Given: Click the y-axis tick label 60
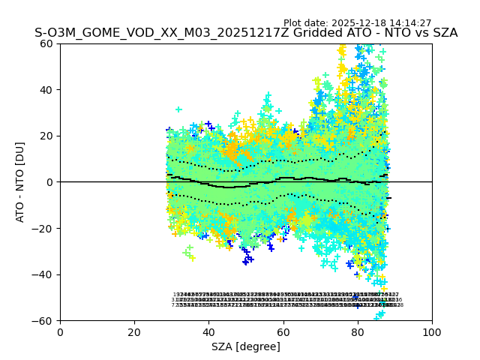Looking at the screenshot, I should [x=47, y=43].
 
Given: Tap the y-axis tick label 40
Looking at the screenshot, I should [x=47, y=90].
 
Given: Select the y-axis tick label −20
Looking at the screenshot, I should [x=43, y=229].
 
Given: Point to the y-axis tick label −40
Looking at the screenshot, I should [x=43, y=274].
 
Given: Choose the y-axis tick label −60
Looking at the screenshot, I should [x=43, y=321].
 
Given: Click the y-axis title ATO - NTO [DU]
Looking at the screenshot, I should [x=20, y=182].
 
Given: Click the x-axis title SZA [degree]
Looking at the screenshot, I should [x=246, y=346].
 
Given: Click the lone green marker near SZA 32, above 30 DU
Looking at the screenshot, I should [x=178, y=109].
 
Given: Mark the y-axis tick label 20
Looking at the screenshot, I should [x=47, y=136].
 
